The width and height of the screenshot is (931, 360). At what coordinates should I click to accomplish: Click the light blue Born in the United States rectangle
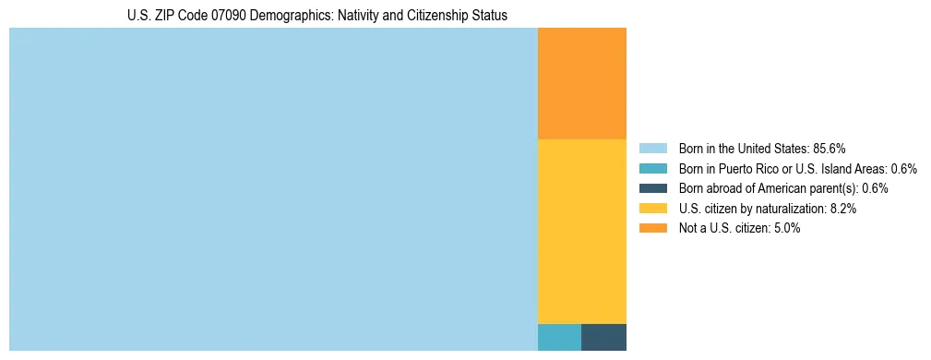coord(273,189)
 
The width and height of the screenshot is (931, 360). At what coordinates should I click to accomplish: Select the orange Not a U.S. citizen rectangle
coord(581,83)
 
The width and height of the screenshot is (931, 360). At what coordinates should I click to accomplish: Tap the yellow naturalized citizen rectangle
coord(581,231)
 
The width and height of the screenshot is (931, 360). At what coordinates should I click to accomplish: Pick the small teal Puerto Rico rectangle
coord(559,337)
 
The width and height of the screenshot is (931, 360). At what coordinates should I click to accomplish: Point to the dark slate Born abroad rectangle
coord(603,337)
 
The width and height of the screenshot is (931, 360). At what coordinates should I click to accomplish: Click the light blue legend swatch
coord(652,149)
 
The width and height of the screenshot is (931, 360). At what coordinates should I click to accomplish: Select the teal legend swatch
coord(652,169)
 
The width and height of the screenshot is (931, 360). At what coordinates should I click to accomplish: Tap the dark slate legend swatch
coord(652,188)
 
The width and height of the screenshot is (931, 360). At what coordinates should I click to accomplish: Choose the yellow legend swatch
coord(652,209)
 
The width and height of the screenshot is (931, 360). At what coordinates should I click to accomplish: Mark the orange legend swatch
coord(652,229)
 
